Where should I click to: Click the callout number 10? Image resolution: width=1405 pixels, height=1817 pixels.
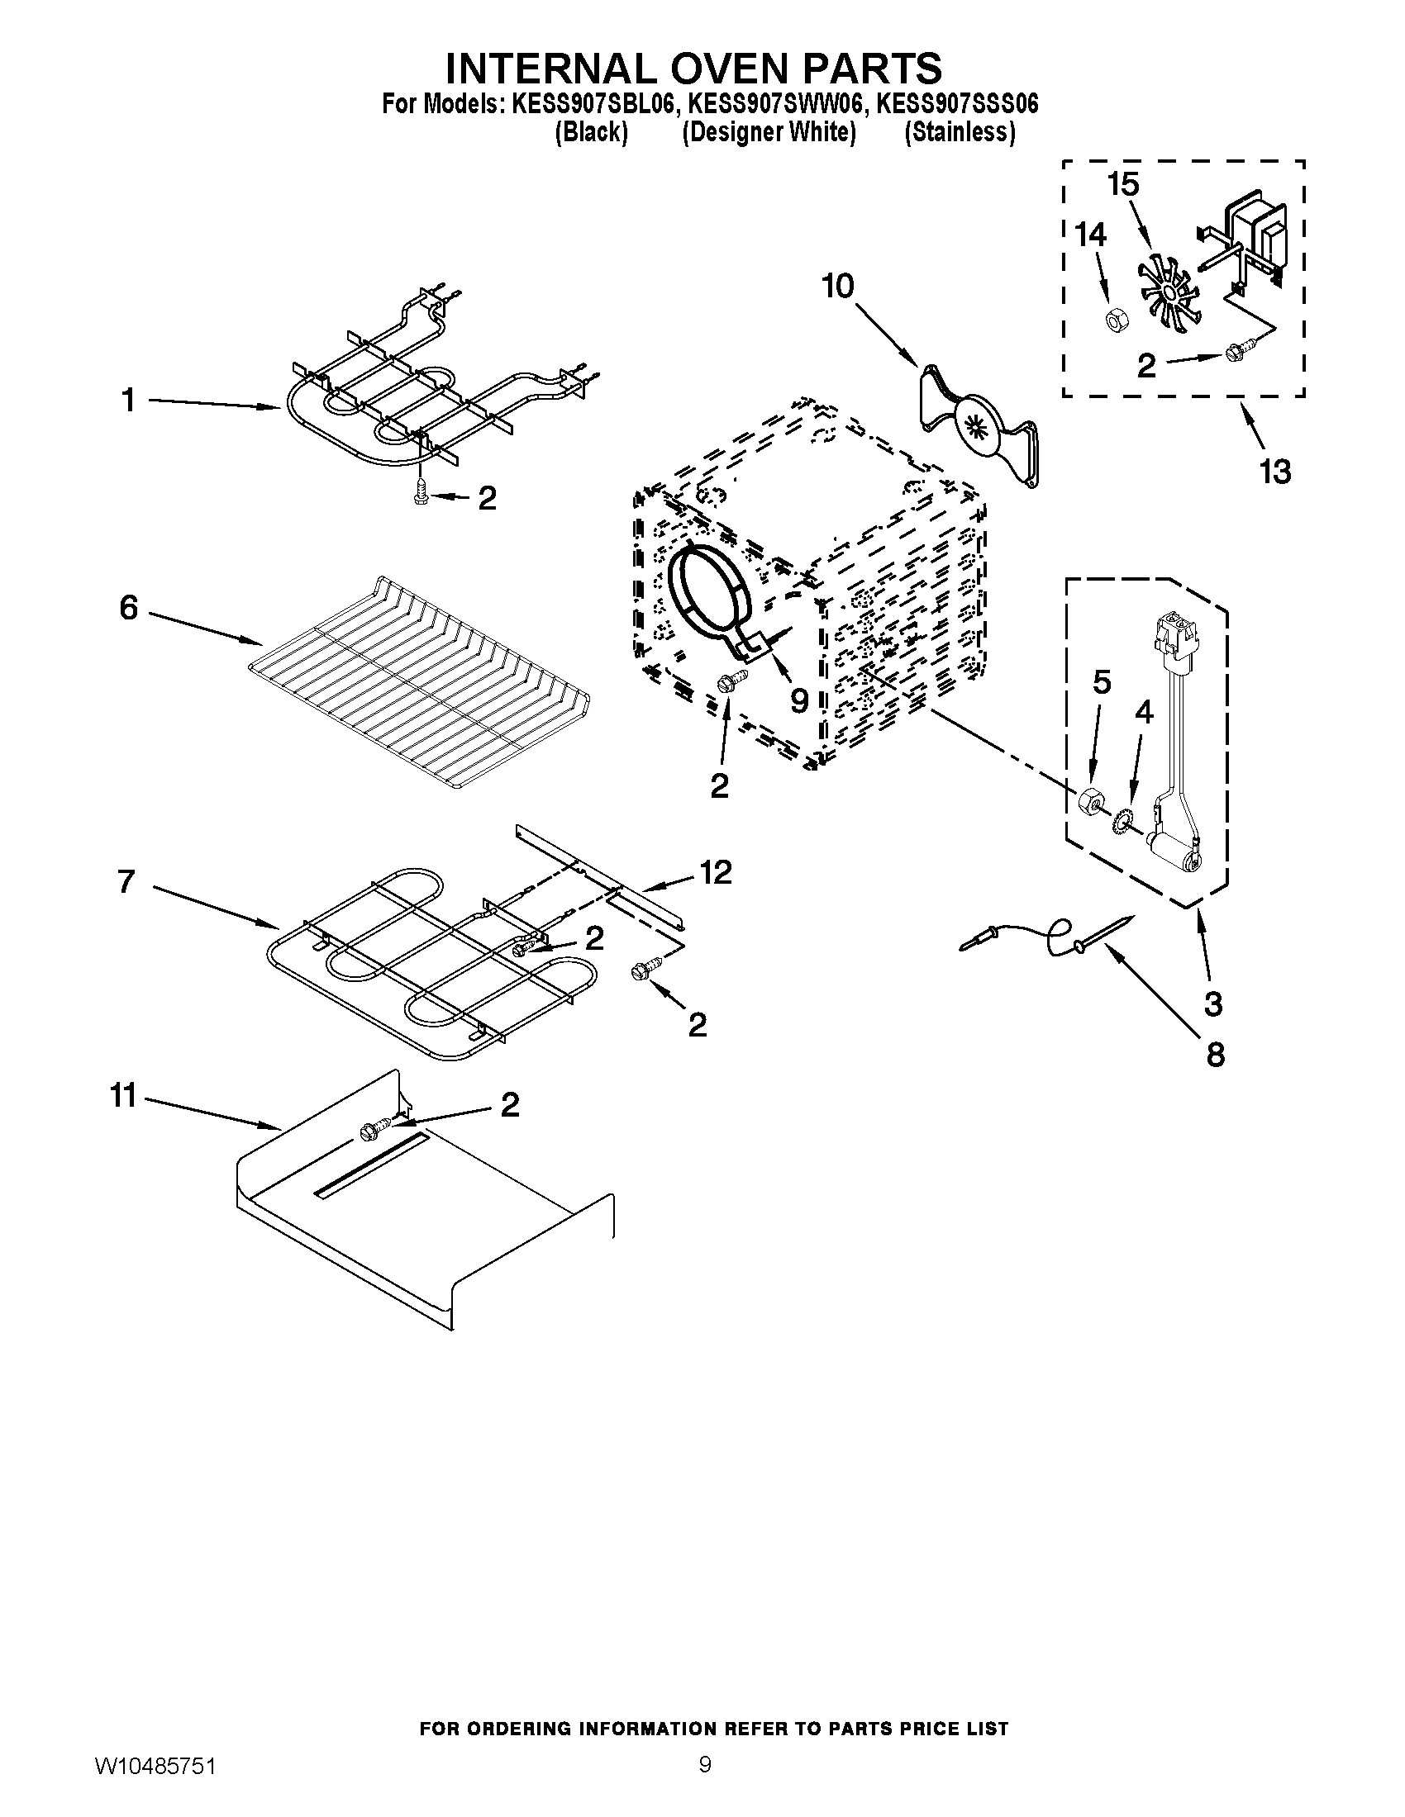(837, 287)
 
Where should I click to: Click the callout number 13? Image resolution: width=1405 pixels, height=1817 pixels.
(1274, 472)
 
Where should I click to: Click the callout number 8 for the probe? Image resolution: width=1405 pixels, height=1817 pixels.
(1214, 1055)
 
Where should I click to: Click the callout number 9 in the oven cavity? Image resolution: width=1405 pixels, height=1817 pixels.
(798, 700)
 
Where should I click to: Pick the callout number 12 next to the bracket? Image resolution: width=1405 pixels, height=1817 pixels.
(715, 872)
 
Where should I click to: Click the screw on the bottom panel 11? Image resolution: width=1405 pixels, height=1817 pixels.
(369, 1131)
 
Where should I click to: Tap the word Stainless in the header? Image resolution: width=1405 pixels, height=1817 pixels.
(960, 132)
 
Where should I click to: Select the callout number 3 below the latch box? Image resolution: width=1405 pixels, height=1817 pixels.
(1212, 1003)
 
